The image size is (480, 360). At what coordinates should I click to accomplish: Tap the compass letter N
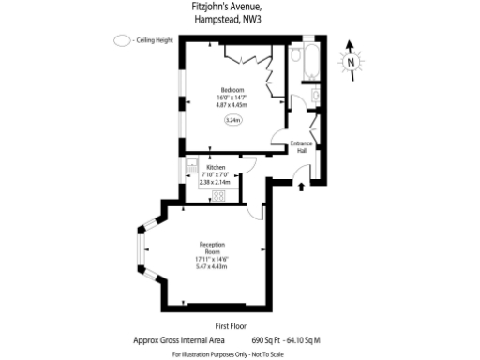coord(350,62)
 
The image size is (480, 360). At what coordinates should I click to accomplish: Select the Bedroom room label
coord(232,90)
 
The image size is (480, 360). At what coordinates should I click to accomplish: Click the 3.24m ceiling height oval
coord(232,120)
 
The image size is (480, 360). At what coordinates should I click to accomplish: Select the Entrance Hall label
coord(302,147)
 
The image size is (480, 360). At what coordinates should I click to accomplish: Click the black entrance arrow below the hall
coord(301,186)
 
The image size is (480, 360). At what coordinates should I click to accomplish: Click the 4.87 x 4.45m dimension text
coord(232,104)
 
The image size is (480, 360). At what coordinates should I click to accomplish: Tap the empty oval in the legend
coord(121,41)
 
